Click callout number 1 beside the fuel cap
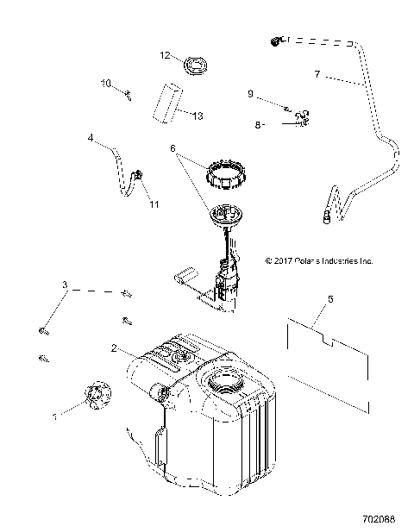coord(55,416)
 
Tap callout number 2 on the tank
coord(113,349)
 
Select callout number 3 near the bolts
coord(63,285)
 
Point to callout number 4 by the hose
coord(91,136)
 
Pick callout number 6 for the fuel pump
coord(173,148)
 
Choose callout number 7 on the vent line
coord(318,75)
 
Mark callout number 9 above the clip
coord(250,92)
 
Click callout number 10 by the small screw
coord(106,84)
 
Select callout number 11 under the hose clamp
coord(154,204)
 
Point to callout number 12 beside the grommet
coord(162,55)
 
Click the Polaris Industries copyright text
coord(318,259)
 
